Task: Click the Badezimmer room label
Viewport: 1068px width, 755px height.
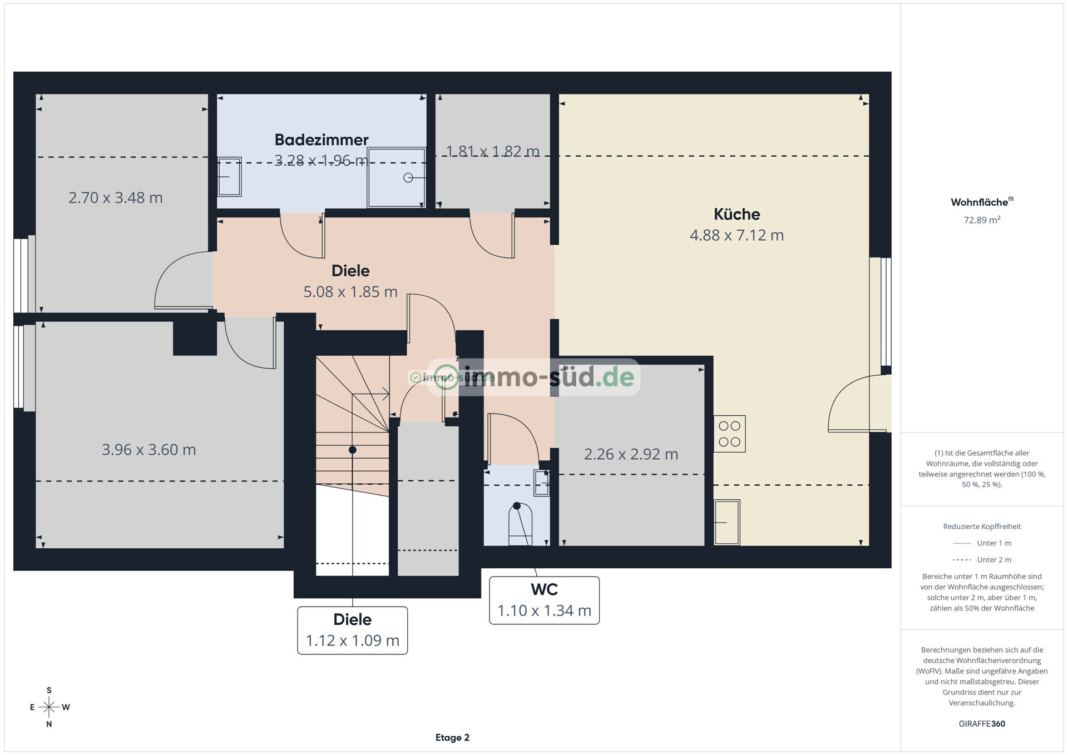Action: (x=322, y=140)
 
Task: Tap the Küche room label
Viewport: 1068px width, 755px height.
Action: (x=736, y=214)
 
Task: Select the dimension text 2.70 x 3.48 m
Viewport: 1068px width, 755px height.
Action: (x=116, y=197)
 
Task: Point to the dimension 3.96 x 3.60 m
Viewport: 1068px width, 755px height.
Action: (x=149, y=449)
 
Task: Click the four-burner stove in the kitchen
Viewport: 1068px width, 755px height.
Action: (x=729, y=434)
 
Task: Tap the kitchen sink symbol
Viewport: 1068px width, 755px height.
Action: (x=727, y=522)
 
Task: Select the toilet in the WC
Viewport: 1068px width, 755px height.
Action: (x=520, y=524)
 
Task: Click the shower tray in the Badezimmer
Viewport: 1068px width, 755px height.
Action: (x=397, y=177)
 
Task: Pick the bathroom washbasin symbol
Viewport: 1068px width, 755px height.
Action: (x=229, y=177)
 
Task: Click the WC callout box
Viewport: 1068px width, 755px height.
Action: (x=544, y=600)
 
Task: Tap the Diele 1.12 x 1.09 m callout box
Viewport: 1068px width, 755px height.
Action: (x=353, y=630)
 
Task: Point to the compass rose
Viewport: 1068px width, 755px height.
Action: (x=49, y=707)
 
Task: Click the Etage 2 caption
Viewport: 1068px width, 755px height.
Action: (x=452, y=738)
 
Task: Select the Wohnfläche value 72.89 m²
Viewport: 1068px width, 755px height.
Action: (x=982, y=220)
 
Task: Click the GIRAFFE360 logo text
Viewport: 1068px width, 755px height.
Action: (x=982, y=723)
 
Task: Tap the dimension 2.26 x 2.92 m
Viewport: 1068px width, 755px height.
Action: (x=631, y=454)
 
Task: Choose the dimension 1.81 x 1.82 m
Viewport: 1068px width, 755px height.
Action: (x=493, y=151)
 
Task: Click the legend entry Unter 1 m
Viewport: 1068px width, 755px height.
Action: (x=982, y=543)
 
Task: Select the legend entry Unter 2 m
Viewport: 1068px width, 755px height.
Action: (x=982, y=560)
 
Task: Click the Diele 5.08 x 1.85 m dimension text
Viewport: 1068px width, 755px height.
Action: (x=350, y=292)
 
